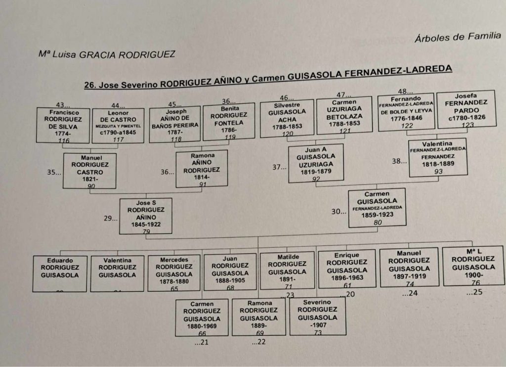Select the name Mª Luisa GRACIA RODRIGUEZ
click(x=107, y=53)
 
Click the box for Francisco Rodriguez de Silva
click(x=63, y=126)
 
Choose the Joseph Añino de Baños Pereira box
click(x=174, y=124)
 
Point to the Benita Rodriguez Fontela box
click(x=229, y=122)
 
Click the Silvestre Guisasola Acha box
click(x=287, y=119)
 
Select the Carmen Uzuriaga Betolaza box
click(x=344, y=115)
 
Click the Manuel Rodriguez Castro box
click(x=90, y=171)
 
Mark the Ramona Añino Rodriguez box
click(x=202, y=169)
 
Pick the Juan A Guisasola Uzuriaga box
click(x=316, y=164)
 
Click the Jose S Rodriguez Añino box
click(x=146, y=216)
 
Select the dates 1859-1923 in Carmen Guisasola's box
click(x=377, y=216)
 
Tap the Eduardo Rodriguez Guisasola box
click(x=60, y=273)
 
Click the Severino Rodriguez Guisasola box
click(x=317, y=316)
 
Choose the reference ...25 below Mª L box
click(x=473, y=292)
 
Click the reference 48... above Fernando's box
click(x=405, y=91)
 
